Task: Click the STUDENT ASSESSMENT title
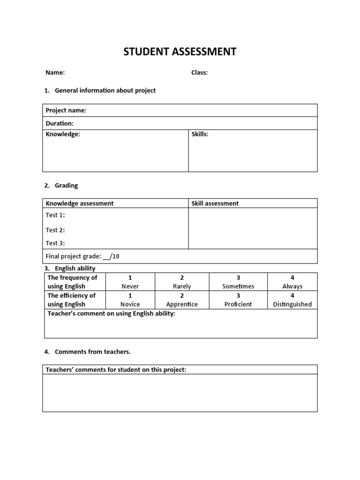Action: coord(180,52)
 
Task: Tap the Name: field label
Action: coord(55,73)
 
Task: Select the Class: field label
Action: coord(199,73)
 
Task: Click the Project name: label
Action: coord(66,111)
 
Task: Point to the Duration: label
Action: coord(60,123)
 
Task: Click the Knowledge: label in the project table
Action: coord(63,135)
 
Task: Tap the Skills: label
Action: coord(200,135)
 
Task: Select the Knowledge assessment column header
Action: coord(79,203)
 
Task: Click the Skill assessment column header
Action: coord(215,203)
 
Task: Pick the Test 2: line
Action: coord(55,230)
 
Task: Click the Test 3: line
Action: coord(55,243)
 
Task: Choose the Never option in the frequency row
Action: coord(130,286)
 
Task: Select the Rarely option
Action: coord(182,286)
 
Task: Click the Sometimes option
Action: coord(238,286)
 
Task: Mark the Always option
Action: coord(292,286)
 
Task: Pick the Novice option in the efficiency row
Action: coord(130,304)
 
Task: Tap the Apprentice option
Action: coord(182,304)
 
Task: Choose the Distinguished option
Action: coord(292,304)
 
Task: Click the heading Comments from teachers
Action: coord(92,352)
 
